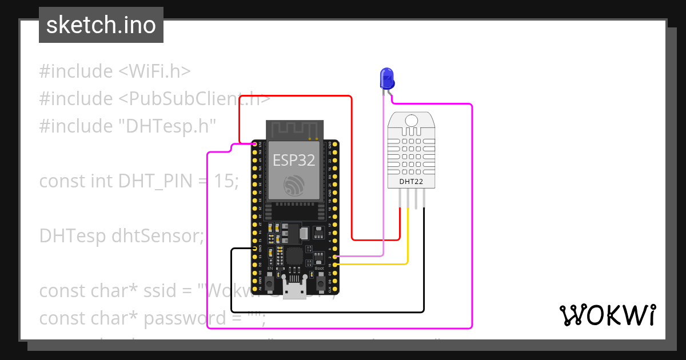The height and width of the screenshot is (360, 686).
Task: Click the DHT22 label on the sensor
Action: point(408,182)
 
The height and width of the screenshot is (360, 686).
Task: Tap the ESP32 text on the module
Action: point(294,160)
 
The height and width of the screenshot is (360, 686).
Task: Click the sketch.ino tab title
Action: point(101,25)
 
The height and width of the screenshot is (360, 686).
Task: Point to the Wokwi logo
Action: point(607,315)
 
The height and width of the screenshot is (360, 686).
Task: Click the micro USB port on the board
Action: point(295,290)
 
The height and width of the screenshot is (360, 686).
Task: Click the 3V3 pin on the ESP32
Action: point(255,143)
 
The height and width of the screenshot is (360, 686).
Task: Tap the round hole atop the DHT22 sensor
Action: point(410,120)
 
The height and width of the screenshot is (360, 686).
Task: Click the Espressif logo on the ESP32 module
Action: point(294,186)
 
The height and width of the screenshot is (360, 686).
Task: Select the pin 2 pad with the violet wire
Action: point(335,258)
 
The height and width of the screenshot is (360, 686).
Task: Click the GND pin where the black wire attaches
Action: point(255,249)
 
